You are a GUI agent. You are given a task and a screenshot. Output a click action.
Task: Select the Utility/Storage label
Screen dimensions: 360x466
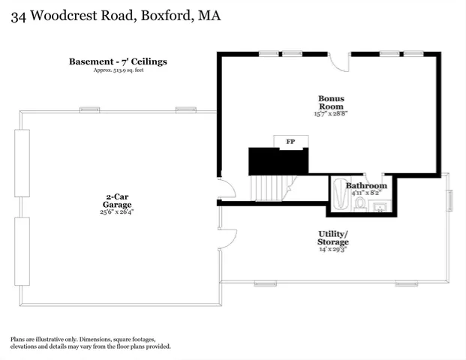click(332, 238)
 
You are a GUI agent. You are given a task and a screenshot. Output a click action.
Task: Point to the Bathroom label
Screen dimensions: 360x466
click(366, 185)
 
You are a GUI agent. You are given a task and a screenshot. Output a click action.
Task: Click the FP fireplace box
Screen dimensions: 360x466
click(290, 142)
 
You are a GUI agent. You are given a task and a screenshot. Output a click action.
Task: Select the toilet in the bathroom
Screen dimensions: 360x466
click(360, 203)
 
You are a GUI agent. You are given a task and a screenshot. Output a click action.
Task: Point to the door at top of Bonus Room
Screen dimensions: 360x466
click(340, 61)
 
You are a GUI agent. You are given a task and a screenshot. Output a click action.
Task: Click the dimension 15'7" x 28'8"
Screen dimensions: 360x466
click(331, 115)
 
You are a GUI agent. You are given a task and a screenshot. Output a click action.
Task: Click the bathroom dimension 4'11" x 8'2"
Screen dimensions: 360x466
click(366, 193)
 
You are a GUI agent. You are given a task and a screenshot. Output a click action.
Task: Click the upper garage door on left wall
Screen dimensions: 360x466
click(22, 163)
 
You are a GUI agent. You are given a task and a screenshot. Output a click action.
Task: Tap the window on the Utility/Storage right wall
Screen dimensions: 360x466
click(450, 201)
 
